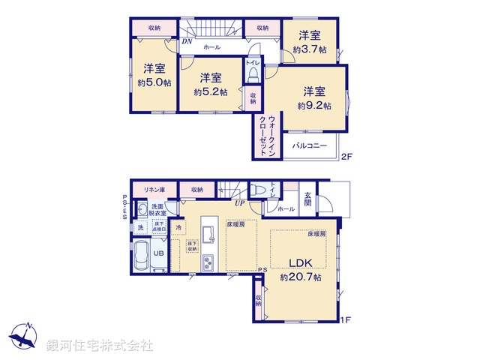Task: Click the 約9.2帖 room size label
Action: [x=310, y=106]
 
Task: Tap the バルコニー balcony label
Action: [x=309, y=146]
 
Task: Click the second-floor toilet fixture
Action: [x=252, y=73]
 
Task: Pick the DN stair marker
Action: [x=187, y=43]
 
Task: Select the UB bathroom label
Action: [x=158, y=253]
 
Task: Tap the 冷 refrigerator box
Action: [x=178, y=225]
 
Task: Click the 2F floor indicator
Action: [x=346, y=157]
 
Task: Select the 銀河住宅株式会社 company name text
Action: [x=100, y=345]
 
